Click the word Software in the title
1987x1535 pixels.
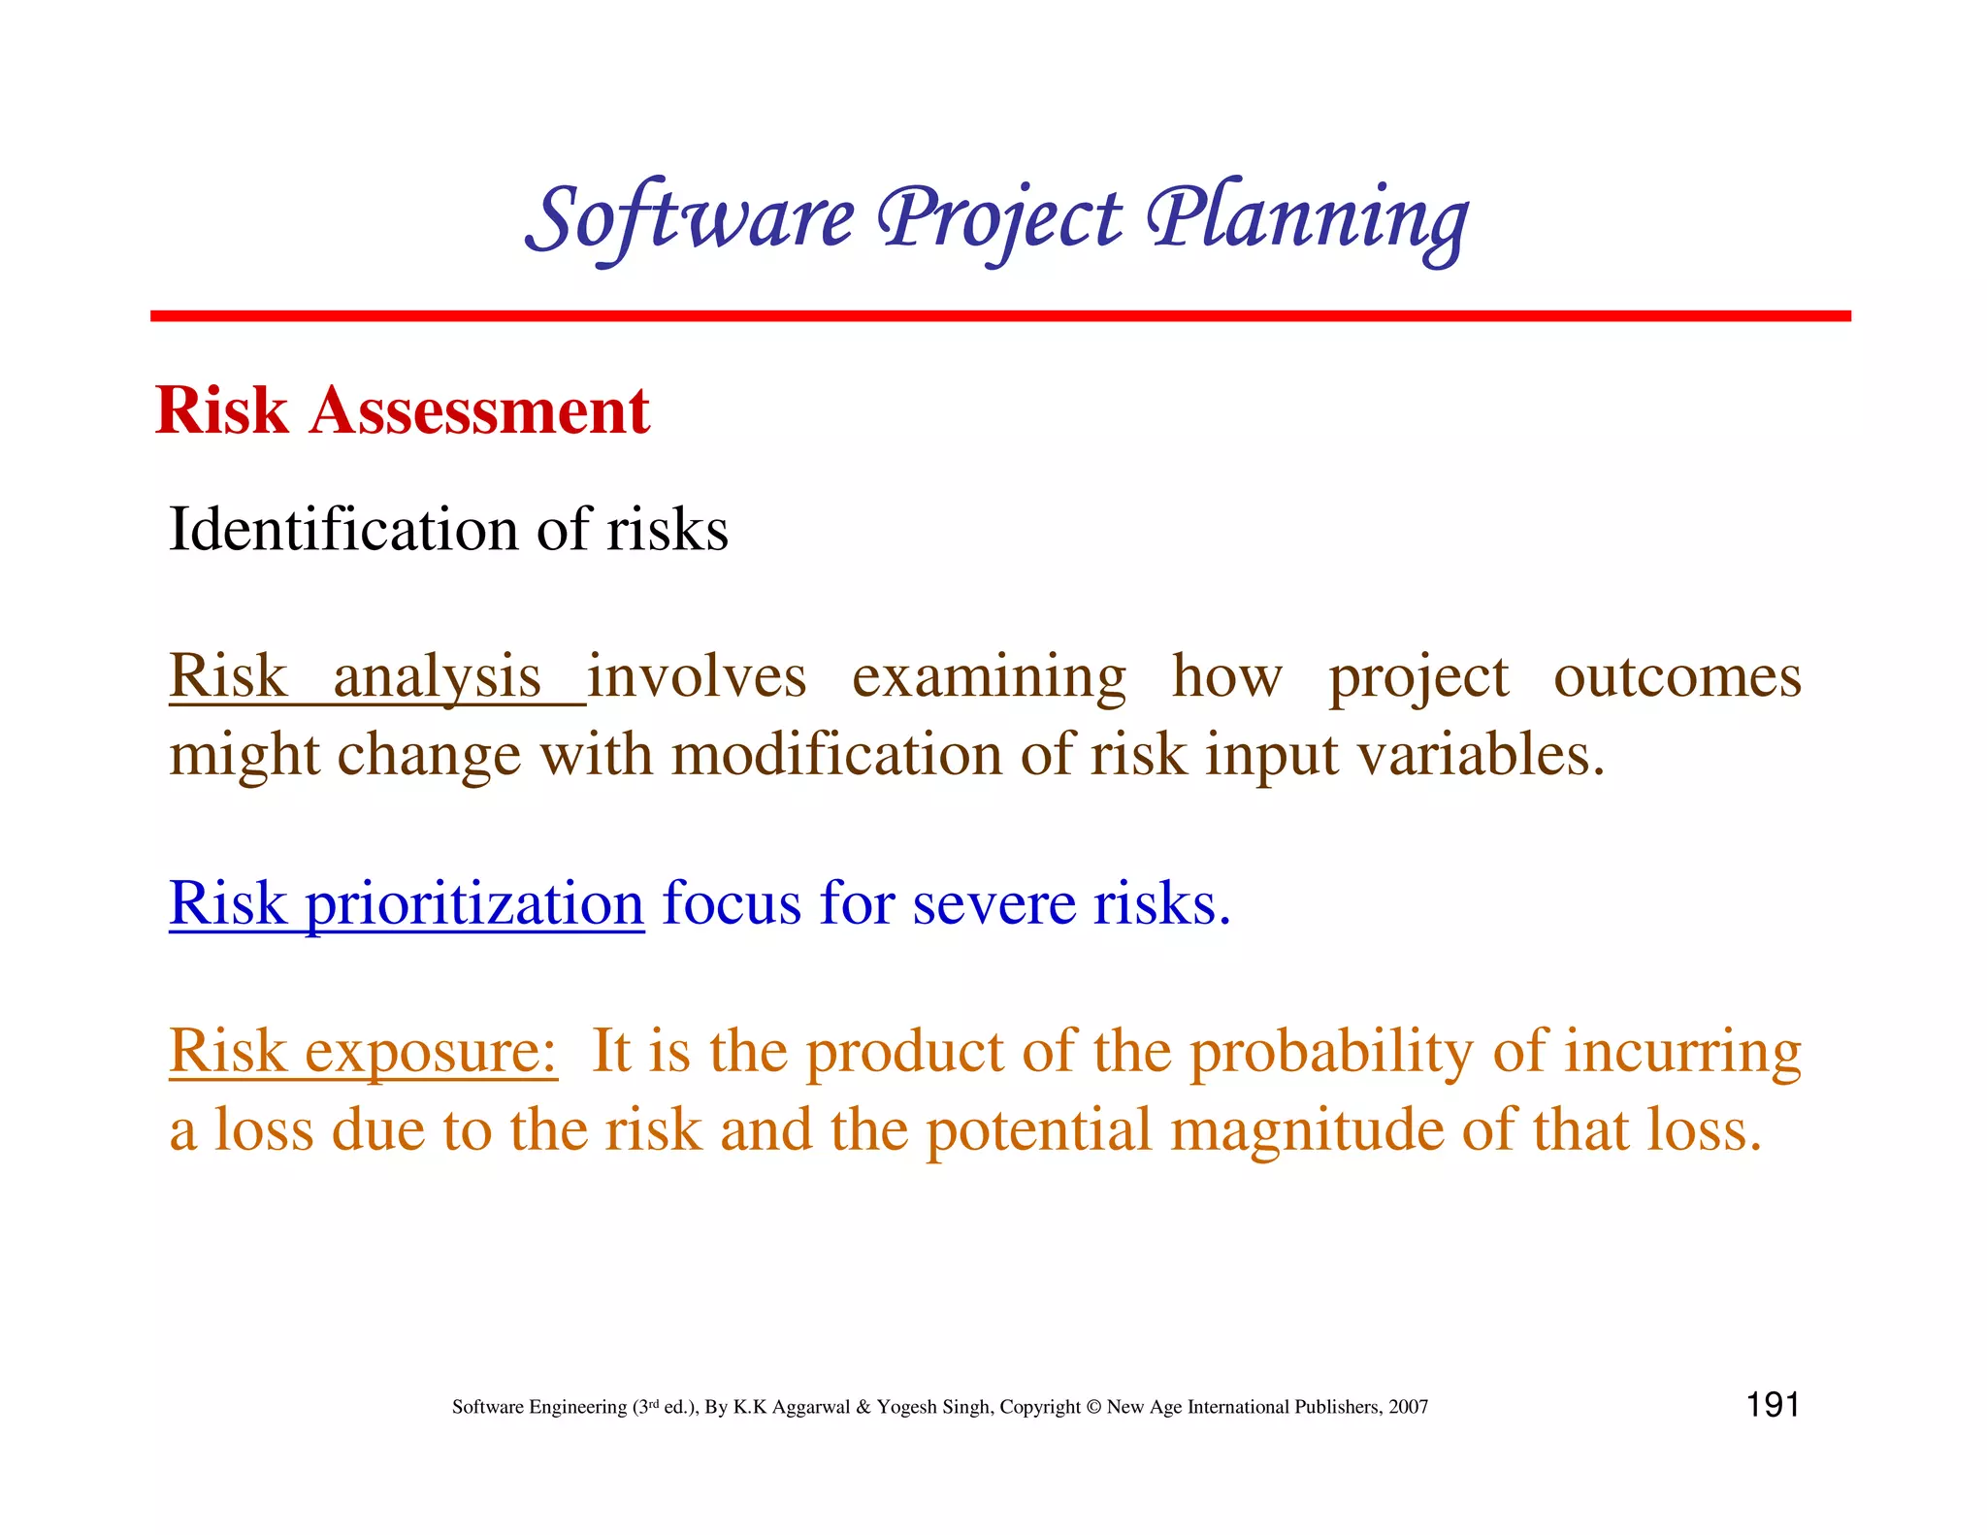[691, 219]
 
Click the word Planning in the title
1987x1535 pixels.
[1307, 219]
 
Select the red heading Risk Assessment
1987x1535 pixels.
[402, 410]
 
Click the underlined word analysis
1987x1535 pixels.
[437, 676]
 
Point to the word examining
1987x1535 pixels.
[989, 676]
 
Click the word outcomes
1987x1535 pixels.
[1677, 676]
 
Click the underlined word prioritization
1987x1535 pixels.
[474, 903]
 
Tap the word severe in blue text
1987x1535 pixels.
[993, 903]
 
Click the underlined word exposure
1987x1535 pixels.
[430, 1052]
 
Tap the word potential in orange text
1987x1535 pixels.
[1037, 1130]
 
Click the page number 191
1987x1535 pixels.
[1772, 1405]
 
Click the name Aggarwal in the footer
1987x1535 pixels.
[812, 1407]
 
